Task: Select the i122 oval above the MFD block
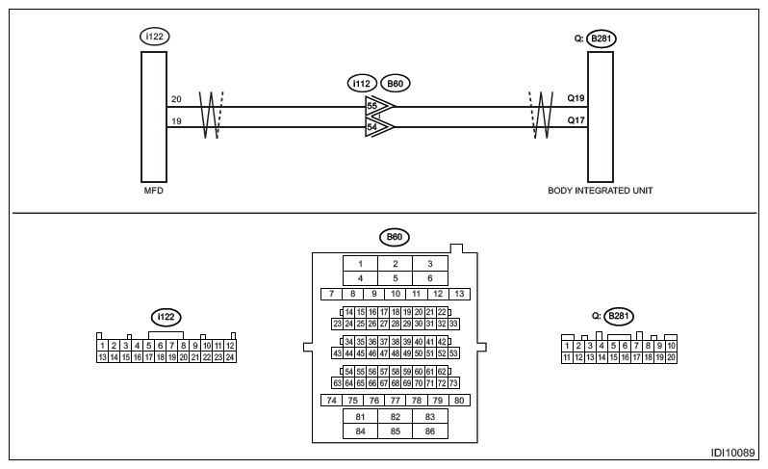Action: click(153, 38)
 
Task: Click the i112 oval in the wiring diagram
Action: click(362, 84)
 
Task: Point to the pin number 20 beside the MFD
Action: click(175, 99)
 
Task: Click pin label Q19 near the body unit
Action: click(576, 99)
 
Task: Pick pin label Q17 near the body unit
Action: click(576, 119)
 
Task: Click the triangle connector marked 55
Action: click(378, 107)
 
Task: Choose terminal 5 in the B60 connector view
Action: click(395, 278)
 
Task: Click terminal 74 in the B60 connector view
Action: click(330, 400)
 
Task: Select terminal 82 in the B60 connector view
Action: click(395, 416)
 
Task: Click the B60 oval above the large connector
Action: click(394, 235)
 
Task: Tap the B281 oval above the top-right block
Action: click(602, 38)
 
